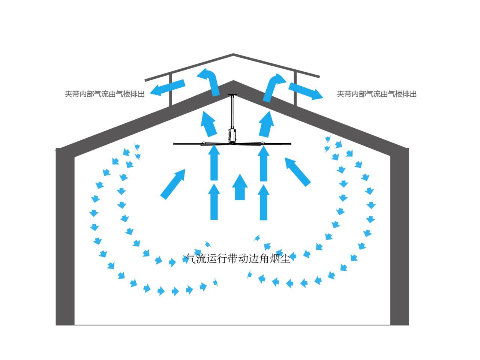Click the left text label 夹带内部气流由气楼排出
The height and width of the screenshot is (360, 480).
tap(105, 94)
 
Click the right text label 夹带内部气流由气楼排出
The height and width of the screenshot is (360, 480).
tap(376, 94)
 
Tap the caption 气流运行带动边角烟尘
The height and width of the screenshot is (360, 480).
tap(238, 259)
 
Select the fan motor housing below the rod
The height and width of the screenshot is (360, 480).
tap(232, 135)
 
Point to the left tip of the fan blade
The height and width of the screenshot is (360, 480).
tap(174, 144)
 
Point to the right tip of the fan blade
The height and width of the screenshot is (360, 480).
tap(291, 144)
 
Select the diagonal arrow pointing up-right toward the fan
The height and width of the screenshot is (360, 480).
tap(173, 184)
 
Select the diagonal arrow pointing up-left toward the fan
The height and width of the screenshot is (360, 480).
tap(298, 172)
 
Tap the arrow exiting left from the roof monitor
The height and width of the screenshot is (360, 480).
tap(167, 87)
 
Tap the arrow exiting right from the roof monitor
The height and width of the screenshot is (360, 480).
tap(306, 91)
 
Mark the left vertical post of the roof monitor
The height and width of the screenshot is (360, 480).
tap(171, 90)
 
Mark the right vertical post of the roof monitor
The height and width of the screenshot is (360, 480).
tap(295, 89)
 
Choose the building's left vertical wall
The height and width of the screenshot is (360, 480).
tap(65, 237)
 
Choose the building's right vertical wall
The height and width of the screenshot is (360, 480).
tap(399, 237)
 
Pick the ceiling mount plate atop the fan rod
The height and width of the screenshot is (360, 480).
tap(232, 94)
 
